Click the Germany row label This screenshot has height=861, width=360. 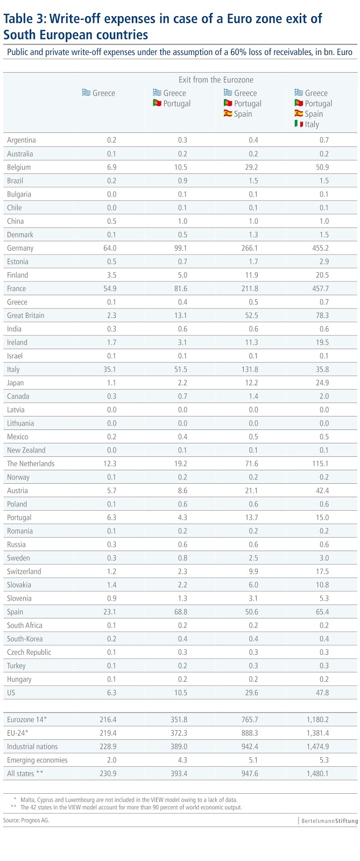tap(20, 248)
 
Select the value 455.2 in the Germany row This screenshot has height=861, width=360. tap(320, 248)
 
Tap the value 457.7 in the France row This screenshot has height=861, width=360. tap(320, 288)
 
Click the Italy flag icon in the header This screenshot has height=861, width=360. tap(299, 124)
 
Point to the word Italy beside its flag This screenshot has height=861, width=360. tap(312, 124)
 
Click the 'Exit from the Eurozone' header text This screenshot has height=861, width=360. tap(216, 80)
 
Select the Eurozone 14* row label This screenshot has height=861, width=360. tap(27, 719)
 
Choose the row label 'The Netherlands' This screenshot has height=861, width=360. tap(31, 463)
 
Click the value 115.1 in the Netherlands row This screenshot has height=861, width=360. tap(320, 463)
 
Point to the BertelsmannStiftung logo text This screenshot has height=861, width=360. tap(327, 821)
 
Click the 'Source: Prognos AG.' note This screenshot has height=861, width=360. tap(26, 820)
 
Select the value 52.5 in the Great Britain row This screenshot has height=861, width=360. tap(250, 315)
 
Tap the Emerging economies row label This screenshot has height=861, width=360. tap(37, 760)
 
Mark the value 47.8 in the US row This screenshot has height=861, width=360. tap(321, 693)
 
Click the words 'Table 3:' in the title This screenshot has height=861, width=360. tap(25, 19)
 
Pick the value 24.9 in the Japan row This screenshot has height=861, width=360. tap(321, 383)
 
